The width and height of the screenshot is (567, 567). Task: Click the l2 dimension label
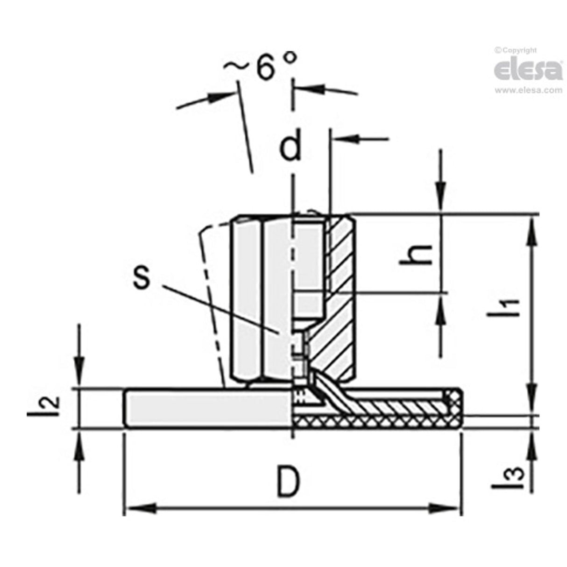(52, 405)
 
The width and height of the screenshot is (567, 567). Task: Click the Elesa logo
(528, 70)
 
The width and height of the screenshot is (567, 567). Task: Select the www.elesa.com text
(528, 90)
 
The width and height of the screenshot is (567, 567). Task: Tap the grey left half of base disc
(206, 408)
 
